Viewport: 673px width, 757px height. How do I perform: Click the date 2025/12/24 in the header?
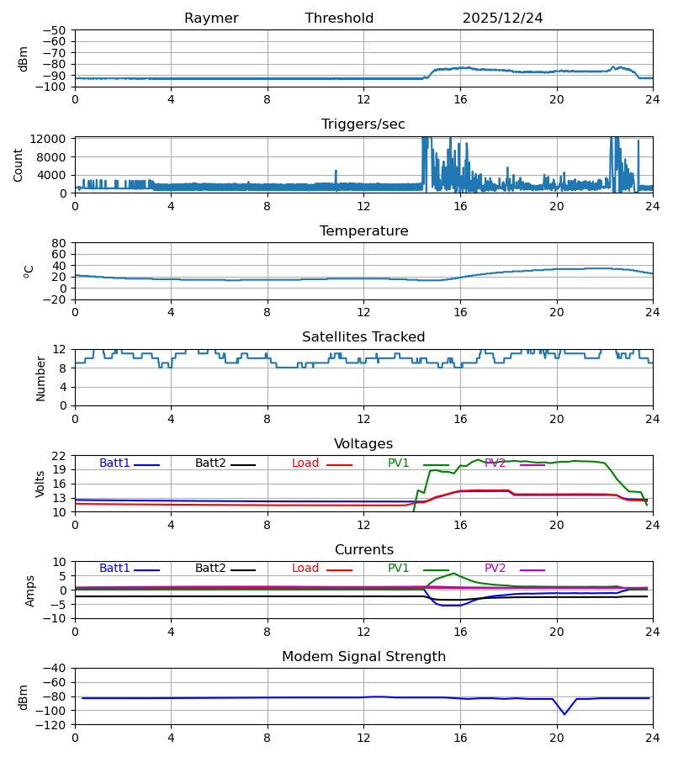502,19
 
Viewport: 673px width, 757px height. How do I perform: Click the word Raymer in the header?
211,19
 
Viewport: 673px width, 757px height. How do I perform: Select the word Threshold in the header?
339,19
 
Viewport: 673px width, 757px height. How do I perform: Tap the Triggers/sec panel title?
363,124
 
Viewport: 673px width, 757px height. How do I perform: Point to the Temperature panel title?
363,231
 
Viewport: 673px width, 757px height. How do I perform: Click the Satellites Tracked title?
363,337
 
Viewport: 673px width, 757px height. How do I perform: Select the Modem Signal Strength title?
363,657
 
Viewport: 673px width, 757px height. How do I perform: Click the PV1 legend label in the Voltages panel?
399,463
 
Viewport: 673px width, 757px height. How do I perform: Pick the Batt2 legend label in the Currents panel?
211,569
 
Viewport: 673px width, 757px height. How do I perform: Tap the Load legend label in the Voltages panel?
305,463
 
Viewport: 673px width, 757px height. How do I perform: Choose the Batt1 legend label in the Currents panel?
115,569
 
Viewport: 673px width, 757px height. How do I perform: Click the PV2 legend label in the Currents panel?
495,569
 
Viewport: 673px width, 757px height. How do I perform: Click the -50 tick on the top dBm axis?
57,30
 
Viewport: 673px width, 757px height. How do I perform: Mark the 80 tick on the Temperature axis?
60,243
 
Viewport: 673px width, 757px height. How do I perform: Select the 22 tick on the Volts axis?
60,456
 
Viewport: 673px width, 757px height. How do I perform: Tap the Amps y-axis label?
31,590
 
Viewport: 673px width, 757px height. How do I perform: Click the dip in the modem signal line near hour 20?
564,714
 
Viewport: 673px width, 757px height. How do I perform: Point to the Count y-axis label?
19,165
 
